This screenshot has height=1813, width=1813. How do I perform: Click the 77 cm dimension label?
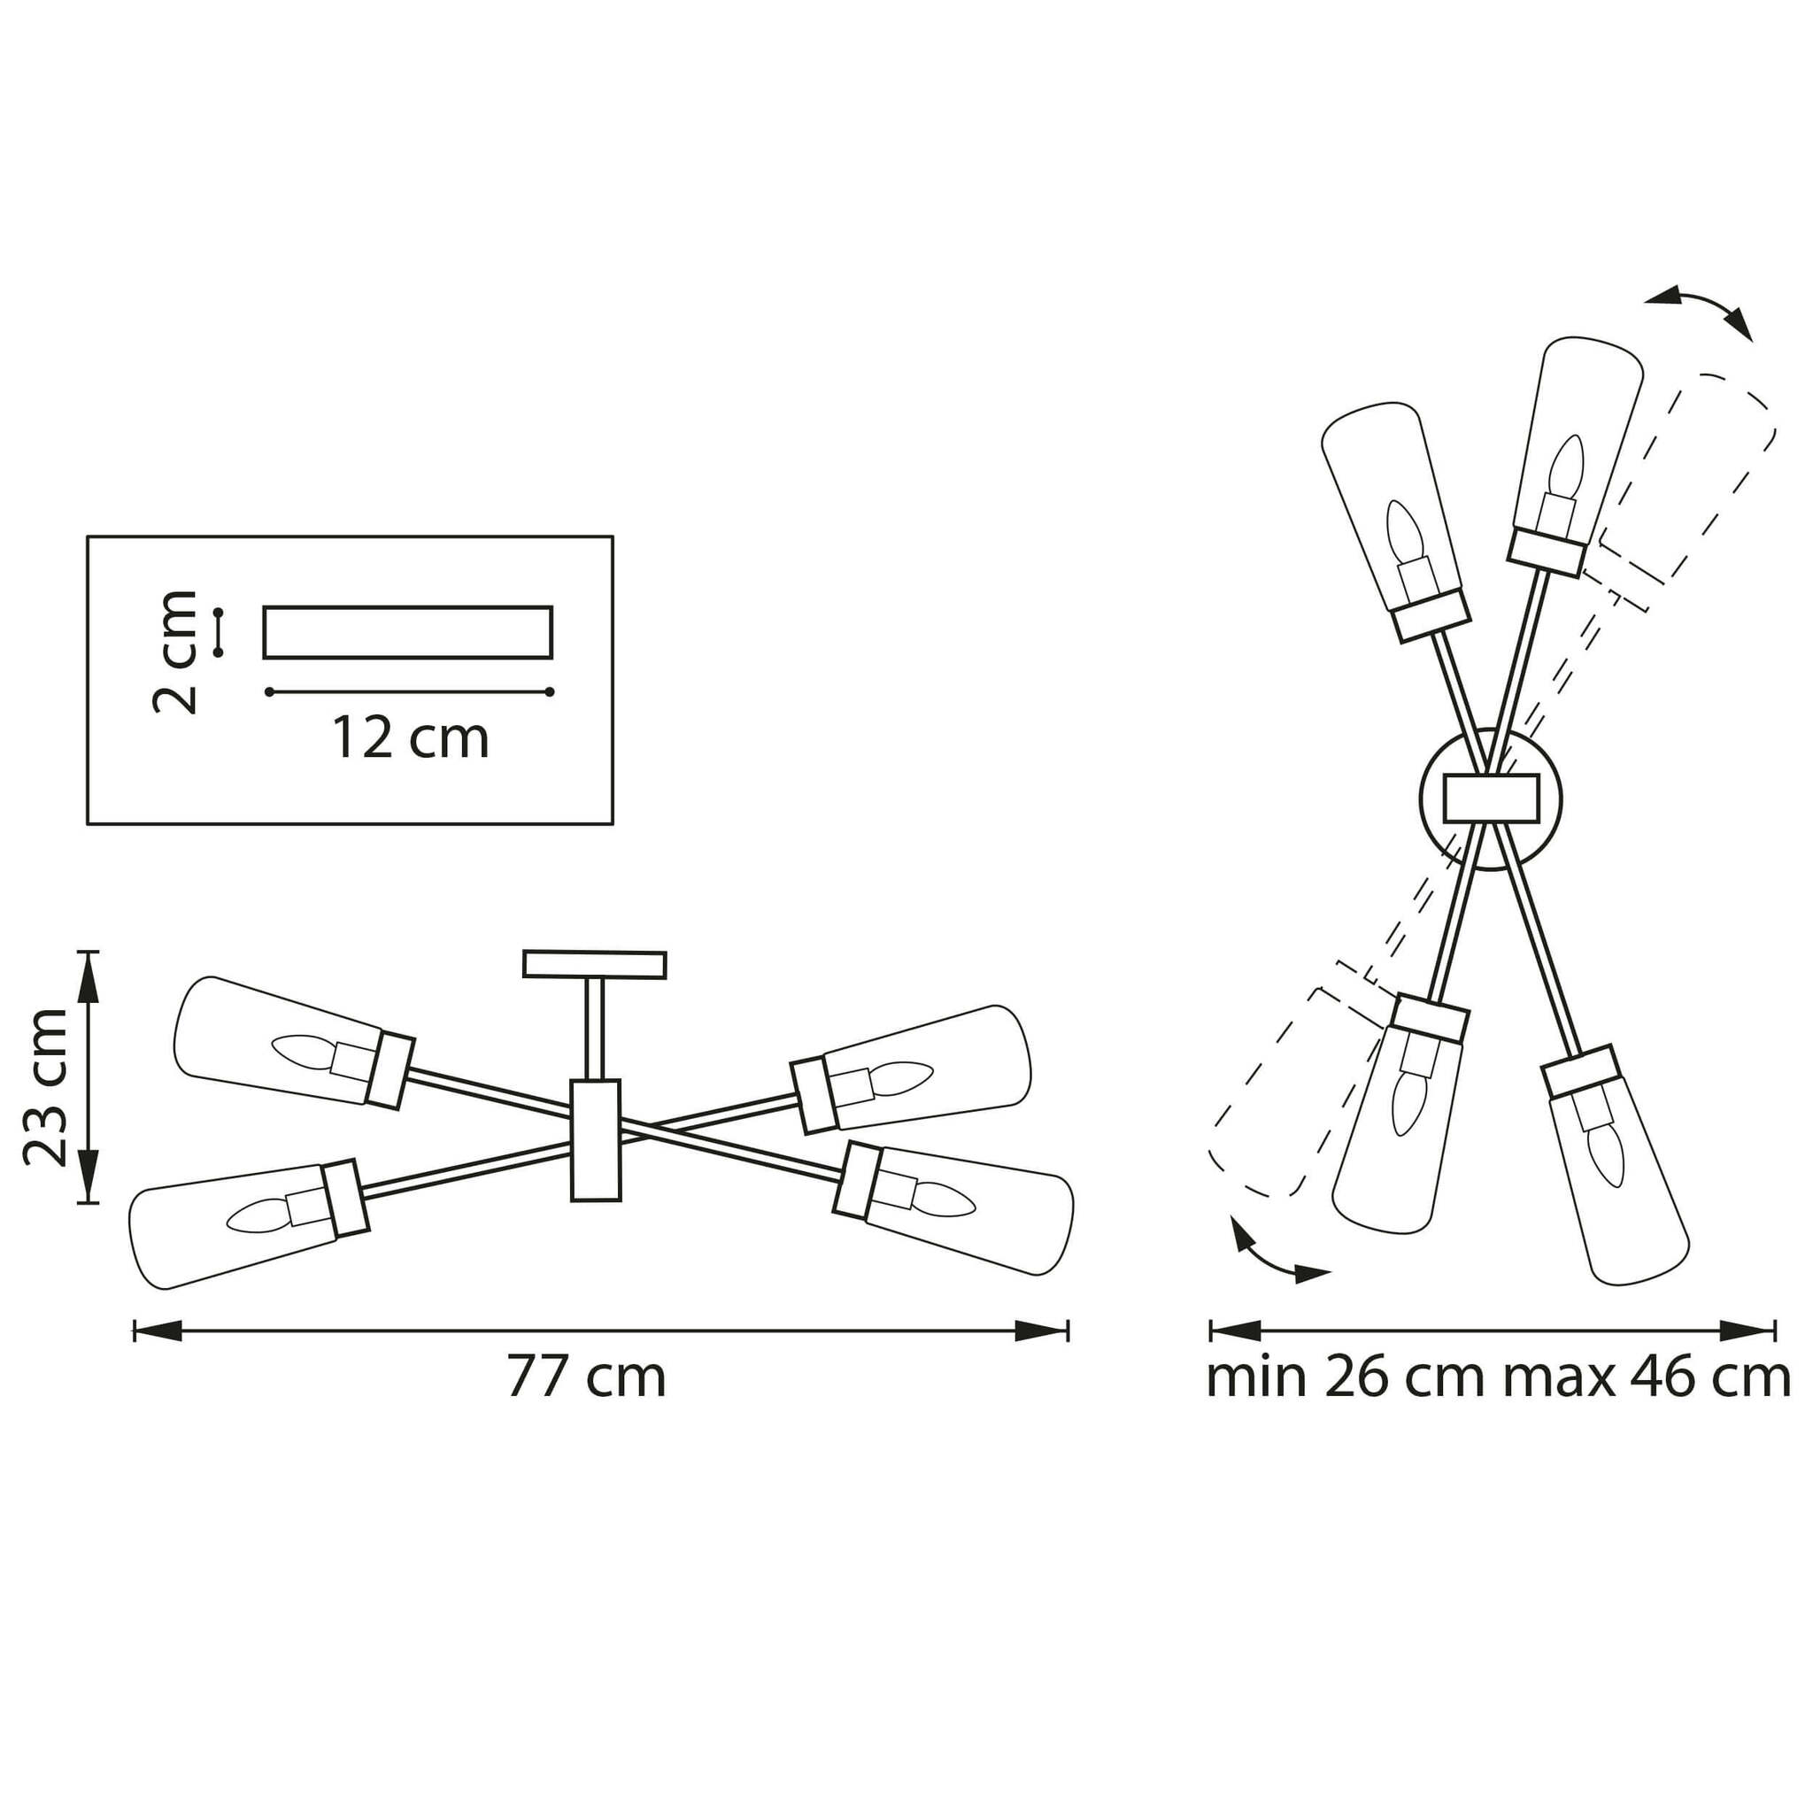point(587,1377)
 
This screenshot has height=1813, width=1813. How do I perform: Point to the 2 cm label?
point(175,652)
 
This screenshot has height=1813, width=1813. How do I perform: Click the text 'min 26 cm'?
point(1346,1377)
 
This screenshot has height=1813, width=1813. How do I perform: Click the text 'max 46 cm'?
point(1647,1377)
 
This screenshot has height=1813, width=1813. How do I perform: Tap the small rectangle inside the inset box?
point(407,631)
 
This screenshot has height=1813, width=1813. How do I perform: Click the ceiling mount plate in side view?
point(594,964)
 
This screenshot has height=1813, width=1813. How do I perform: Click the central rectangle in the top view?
point(1490,798)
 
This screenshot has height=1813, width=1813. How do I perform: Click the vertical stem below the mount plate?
point(595,1029)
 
